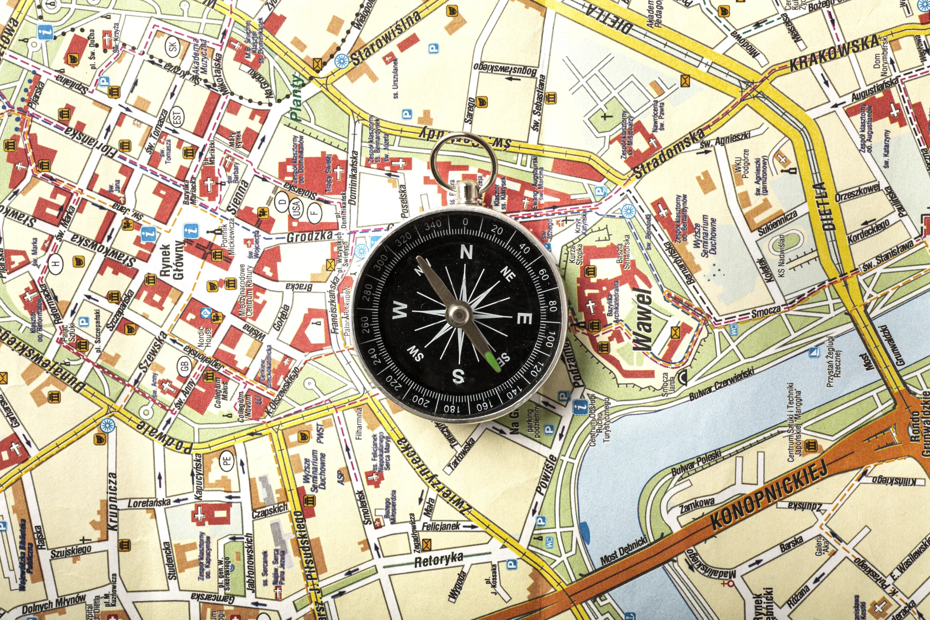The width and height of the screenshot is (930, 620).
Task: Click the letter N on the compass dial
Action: pyautogui.click(x=466, y=252)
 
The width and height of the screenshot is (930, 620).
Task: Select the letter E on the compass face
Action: pyautogui.click(x=524, y=318)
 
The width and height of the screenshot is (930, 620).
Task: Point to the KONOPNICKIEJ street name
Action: pyautogui.click(x=769, y=495)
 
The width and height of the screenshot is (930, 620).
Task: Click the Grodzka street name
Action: pyautogui.click(x=310, y=236)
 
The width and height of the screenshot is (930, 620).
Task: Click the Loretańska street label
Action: pyautogui.click(x=149, y=503)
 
